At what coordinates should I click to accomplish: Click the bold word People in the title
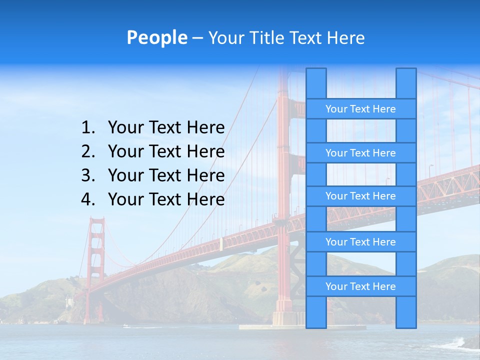point(156,37)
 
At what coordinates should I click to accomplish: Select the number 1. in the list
point(87,127)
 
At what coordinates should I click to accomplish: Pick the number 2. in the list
point(87,151)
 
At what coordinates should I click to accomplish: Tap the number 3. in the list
point(87,175)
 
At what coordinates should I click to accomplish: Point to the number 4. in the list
point(87,199)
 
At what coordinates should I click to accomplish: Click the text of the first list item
point(166,127)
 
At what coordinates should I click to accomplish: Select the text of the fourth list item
point(166,199)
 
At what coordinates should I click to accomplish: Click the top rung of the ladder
point(360,108)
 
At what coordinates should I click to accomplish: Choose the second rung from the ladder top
point(360,152)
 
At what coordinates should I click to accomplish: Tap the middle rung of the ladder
point(360,196)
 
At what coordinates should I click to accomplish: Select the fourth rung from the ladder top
point(360,241)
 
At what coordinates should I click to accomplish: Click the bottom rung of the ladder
point(360,286)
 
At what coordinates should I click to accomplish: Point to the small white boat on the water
point(125,326)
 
